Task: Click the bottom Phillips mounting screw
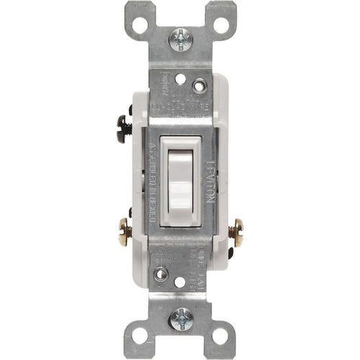179,318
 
